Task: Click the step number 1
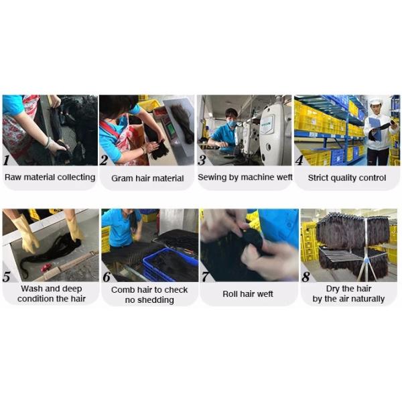pos(7,160)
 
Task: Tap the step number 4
pos(299,160)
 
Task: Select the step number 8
pos(306,277)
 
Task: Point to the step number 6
pos(107,277)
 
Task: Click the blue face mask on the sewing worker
pos(232,123)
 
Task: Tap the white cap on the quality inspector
pos(376,100)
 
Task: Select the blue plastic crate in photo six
pos(170,265)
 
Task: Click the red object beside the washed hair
pos(46,267)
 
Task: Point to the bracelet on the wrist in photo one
pos(48,143)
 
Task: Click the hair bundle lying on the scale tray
pos(182,123)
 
